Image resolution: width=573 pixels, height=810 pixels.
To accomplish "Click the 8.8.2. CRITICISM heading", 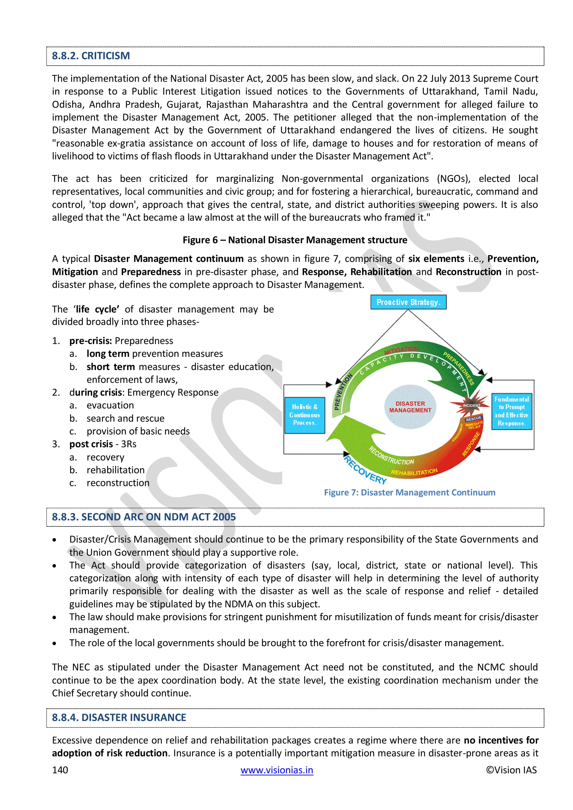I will click(91, 56).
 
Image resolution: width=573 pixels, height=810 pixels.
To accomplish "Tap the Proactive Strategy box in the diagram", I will click(408, 302).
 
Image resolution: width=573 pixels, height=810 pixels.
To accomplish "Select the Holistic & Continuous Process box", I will click(304, 415).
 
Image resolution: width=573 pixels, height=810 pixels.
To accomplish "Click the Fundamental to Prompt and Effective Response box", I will click(512, 411).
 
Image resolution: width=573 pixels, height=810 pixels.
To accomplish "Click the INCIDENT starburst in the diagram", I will click(471, 405).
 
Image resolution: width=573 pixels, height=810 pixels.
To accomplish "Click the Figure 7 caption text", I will click(409, 493).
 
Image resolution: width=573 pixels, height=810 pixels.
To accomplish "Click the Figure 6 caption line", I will click(295, 240).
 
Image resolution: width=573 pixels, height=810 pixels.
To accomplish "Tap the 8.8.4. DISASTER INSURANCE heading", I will click(119, 718).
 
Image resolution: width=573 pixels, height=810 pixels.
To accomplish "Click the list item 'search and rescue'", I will click(125, 418).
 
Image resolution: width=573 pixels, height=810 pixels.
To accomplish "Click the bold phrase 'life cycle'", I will click(96, 309).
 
